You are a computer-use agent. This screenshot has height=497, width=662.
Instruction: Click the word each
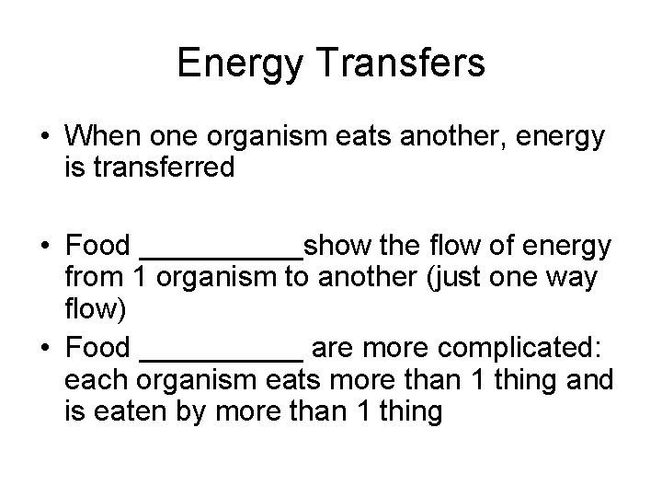click(91, 380)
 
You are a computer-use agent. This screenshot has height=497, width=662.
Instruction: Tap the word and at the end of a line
click(590, 380)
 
